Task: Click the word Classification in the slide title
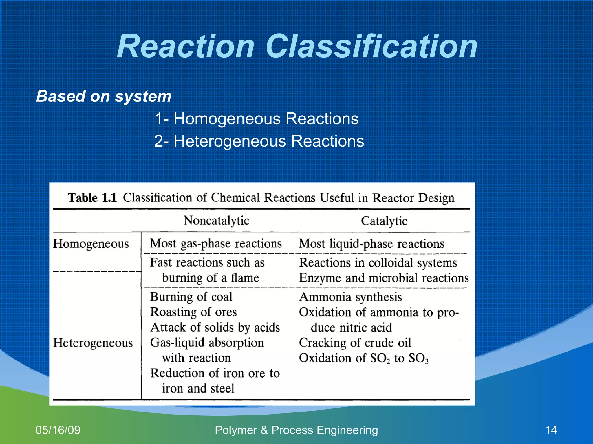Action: tap(371, 46)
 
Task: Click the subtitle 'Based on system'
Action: tap(104, 96)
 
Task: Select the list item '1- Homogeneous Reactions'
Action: tap(257, 119)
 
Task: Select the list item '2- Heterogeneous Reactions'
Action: tap(259, 141)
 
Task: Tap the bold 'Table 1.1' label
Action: tap(92, 198)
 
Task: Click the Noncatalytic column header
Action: tap(216, 221)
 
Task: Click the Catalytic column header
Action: tap(384, 221)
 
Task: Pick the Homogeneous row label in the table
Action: tap(91, 244)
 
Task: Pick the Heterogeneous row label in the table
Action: tap(93, 343)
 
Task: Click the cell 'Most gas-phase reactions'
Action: tap(216, 244)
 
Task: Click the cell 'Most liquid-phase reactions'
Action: tap(371, 244)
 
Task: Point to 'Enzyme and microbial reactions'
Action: tap(384, 278)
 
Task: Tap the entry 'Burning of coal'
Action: tap(191, 297)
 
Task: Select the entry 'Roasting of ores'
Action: tap(193, 312)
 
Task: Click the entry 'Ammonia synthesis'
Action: tap(350, 297)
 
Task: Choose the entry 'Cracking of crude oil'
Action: tap(355, 343)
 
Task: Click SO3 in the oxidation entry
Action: tap(418, 358)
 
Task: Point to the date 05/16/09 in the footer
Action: tap(58, 430)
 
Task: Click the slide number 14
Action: tap(551, 430)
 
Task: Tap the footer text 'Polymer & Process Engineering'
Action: tap(296, 430)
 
